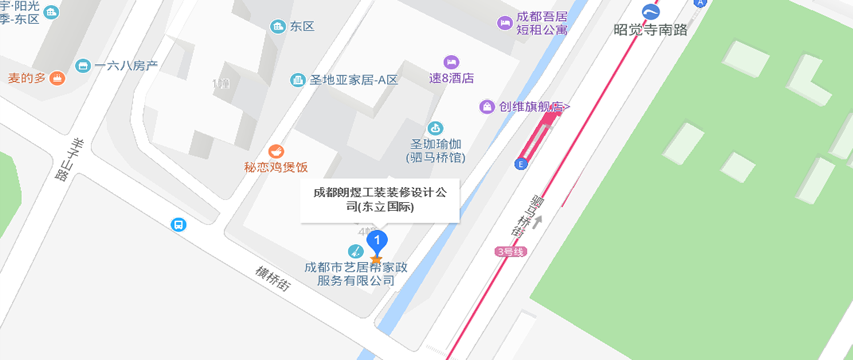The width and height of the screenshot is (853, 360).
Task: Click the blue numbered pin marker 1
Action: [x=376, y=241]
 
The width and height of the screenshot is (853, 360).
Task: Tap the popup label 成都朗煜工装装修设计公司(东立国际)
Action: [x=379, y=198]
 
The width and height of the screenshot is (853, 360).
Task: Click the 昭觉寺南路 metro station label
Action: [x=650, y=30]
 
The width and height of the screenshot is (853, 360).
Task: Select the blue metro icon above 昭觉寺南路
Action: [x=650, y=11]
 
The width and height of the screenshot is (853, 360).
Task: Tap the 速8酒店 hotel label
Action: [x=451, y=78]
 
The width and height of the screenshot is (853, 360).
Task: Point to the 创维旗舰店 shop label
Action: [x=534, y=107]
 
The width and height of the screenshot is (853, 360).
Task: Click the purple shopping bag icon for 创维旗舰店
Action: [x=487, y=107]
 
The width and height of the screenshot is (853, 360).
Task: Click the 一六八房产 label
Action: [x=126, y=66]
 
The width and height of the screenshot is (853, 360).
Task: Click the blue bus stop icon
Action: [x=178, y=225]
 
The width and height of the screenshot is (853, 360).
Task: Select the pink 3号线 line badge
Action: [x=509, y=251]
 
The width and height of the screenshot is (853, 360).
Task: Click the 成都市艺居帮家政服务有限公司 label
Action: [x=350, y=273]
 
